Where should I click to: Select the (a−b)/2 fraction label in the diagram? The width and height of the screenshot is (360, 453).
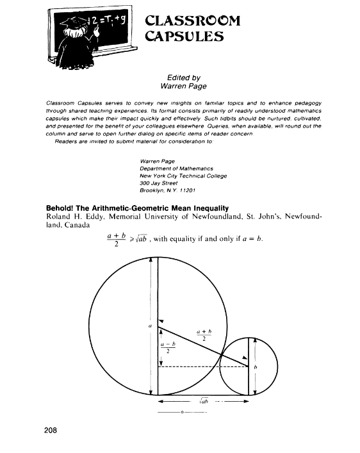[168, 346]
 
